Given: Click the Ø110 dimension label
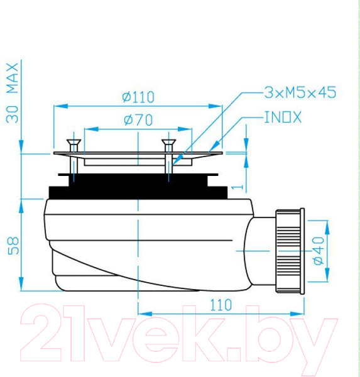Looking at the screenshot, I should point(138,97).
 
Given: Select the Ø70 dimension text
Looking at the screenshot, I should point(138,121).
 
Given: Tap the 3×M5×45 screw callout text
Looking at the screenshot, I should point(300,93).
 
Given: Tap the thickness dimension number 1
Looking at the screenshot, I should point(233,187).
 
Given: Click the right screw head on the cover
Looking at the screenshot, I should point(168,143).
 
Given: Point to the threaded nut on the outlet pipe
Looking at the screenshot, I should point(290,250).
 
